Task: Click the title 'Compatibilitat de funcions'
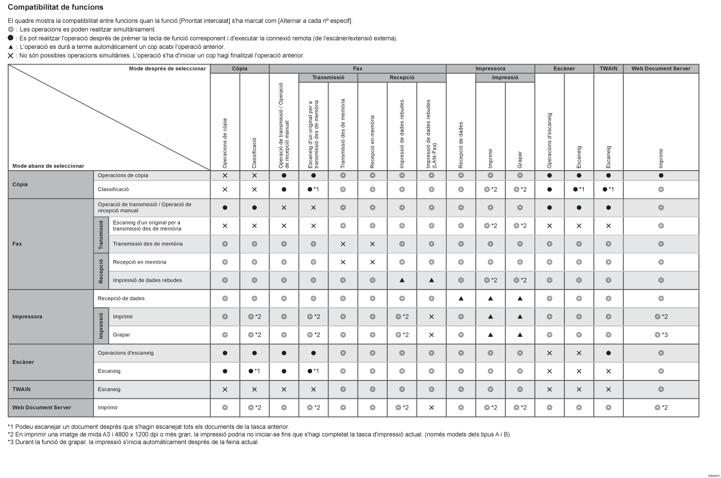[x=55, y=7]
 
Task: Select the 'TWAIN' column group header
[x=608, y=69]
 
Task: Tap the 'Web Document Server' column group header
[x=660, y=69]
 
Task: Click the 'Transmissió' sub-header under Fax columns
[x=328, y=78]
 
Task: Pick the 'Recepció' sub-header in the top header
[x=402, y=78]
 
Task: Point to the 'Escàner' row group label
[x=23, y=362]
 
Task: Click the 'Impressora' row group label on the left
[x=27, y=316]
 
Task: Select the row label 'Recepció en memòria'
[x=139, y=262]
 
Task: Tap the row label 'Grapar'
[x=122, y=335]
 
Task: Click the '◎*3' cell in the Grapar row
[x=661, y=335]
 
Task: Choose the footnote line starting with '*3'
[x=133, y=442]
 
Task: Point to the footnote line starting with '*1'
[x=148, y=427]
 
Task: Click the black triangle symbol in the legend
[x=11, y=47]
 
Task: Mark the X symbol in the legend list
[x=11, y=55]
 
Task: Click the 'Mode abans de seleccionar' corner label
[x=48, y=166]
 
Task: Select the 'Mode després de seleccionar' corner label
[x=167, y=69]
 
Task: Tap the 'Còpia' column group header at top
[x=239, y=69]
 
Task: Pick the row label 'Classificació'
[x=113, y=189]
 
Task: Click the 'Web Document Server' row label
[x=42, y=407]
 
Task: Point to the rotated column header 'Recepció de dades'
[x=461, y=145]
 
